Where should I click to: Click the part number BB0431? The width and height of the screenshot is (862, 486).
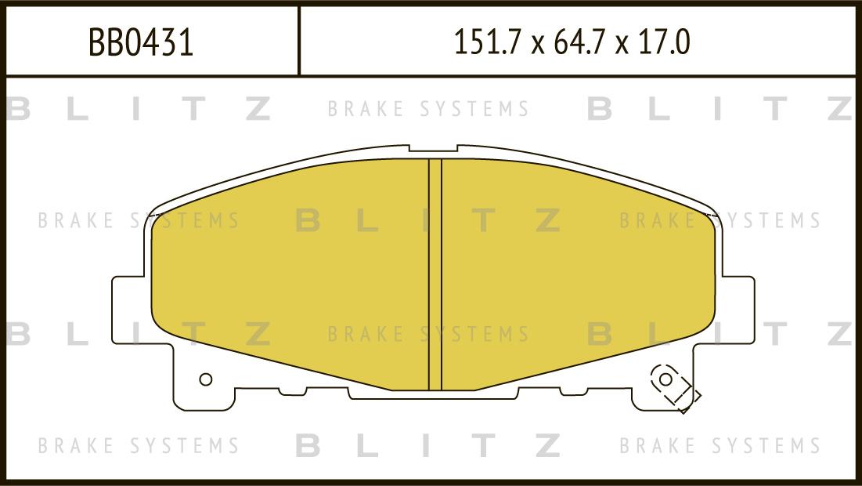click(x=141, y=43)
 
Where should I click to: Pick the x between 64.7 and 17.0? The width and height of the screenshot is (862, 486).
click(x=623, y=45)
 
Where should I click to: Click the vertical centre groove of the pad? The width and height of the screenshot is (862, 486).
click(x=435, y=274)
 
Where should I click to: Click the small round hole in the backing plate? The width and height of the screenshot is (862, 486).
click(x=206, y=379)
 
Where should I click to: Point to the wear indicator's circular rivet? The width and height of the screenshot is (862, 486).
click(x=665, y=379)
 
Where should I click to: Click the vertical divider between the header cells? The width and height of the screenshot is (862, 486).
click(x=299, y=41)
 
